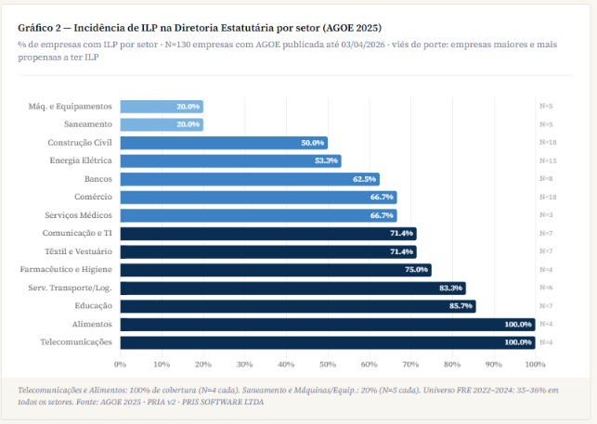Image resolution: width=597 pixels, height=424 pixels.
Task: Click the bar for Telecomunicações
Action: pyautogui.click(x=327, y=342)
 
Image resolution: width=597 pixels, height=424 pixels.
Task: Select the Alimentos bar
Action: pyautogui.click(x=327, y=324)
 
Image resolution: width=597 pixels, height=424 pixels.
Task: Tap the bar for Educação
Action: pyautogui.click(x=297, y=306)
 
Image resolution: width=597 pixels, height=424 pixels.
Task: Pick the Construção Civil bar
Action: pyautogui.click(x=223, y=143)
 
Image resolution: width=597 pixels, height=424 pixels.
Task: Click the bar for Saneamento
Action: pyautogui.click(x=162, y=124)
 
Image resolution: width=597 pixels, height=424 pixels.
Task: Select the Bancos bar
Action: pyautogui.click(x=249, y=179)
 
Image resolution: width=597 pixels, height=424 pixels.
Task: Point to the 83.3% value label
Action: pyautogui.click(x=451, y=288)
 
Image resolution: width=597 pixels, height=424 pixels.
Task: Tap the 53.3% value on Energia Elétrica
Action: pyautogui.click(x=327, y=161)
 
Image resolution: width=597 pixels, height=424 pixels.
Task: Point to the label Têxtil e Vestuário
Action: pyautogui.click(x=79, y=251)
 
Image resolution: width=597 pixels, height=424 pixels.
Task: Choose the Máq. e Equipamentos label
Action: pyautogui.click(x=71, y=107)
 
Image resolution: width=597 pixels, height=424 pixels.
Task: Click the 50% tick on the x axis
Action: pyautogui.click(x=328, y=364)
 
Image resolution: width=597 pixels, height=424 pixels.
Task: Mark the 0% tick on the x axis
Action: pyautogui.click(x=120, y=364)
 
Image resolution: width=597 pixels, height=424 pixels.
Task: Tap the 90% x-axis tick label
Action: pyautogui.click(x=494, y=364)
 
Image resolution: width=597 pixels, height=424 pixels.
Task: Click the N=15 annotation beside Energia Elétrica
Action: pyautogui.click(x=548, y=161)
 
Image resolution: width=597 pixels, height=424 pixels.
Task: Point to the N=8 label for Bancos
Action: pyautogui.click(x=546, y=179)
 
